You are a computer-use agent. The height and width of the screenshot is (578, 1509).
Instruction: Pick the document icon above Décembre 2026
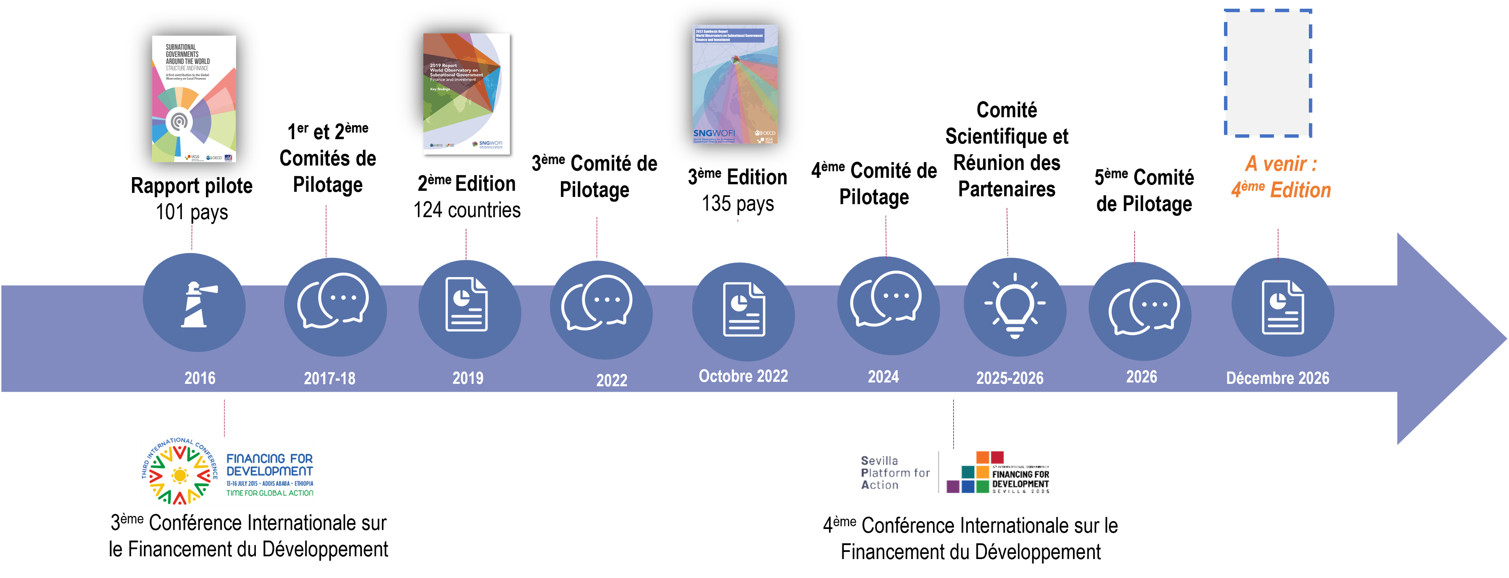pyautogui.click(x=1283, y=307)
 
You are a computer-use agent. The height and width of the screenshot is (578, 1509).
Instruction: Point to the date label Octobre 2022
pyautogui.click(x=743, y=376)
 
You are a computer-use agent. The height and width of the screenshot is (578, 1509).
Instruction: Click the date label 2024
pyautogui.click(x=883, y=376)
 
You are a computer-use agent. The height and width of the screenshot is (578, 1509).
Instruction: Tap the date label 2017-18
pyautogui.click(x=329, y=378)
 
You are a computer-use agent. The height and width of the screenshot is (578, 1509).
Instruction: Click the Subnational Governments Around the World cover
pyautogui.click(x=194, y=98)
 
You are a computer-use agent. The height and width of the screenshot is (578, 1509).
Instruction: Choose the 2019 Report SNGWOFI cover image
pyautogui.click(x=467, y=94)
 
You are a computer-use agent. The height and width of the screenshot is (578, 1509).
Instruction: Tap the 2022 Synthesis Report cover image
pyautogui.click(x=735, y=84)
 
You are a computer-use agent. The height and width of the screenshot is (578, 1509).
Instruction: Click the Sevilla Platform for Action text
pyautogui.click(x=895, y=472)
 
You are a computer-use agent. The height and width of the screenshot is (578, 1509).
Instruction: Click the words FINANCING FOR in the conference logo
pyautogui.click(x=269, y=459)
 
